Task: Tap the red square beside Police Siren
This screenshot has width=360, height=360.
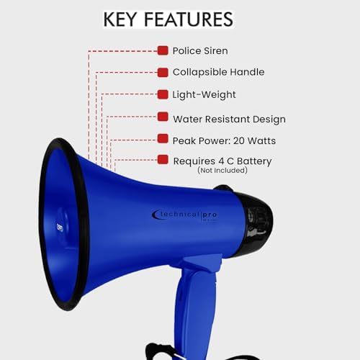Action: point(163,50)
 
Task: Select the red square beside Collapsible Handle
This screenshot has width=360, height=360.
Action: point(163,72)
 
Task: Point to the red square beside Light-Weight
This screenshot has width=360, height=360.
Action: point(163,94)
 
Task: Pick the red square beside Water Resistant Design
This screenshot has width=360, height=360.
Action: point(163,117)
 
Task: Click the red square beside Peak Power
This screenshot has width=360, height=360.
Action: point(163,139)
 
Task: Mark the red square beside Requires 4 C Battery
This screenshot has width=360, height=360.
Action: point(163,160)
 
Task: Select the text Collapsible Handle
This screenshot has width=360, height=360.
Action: point(218,72)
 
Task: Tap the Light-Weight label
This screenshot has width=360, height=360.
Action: point(204,94)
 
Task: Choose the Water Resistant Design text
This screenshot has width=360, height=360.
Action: point(229,119)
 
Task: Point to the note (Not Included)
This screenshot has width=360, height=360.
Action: point(222,171)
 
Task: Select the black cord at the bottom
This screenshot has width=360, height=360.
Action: point(173,351)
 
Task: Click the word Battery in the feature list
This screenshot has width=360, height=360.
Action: point(254,161)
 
